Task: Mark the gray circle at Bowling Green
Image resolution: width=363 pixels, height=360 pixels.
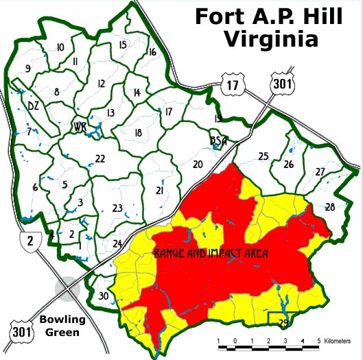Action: click(67, 287)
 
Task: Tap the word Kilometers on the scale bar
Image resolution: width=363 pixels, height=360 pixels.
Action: click(342, 340)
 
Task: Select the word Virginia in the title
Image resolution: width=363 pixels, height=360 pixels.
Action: click(272, 38)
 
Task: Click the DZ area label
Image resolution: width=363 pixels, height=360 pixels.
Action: click(33, 106)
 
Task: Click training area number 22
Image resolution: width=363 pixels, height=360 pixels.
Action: click(100, 159)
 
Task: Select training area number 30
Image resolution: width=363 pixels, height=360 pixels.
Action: click(103, 296)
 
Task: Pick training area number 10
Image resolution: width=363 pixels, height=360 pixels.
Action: click(60, 47)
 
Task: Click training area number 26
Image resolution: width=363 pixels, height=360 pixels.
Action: click(288, 165)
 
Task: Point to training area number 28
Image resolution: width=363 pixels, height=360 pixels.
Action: click(330, 206)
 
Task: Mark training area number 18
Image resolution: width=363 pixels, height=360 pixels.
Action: click(138, 133)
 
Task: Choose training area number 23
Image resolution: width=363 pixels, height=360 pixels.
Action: click(117, 208)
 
